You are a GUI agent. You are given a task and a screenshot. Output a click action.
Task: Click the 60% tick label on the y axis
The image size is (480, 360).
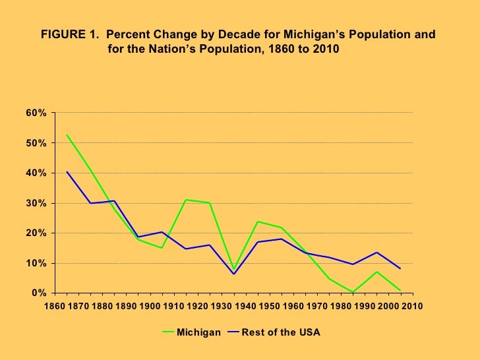[36, 113]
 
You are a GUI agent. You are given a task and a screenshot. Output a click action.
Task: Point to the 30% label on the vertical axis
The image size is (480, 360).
[36, 203]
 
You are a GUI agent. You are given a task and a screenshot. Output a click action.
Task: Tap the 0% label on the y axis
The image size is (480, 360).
[39, 293]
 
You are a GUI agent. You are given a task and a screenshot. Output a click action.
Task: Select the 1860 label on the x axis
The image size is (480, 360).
[55, 306]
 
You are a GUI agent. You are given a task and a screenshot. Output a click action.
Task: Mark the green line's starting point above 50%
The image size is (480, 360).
[67, 135]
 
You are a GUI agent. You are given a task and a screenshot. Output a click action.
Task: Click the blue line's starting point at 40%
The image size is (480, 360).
[67, 172]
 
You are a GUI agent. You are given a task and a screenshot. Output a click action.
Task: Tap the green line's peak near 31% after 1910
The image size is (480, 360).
[186, 200]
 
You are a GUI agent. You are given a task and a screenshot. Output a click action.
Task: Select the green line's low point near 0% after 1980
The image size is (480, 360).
[353, 292]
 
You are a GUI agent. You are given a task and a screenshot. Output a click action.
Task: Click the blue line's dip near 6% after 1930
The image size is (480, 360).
[233, 274]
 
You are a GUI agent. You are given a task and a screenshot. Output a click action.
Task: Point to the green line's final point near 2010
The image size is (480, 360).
[400, 291]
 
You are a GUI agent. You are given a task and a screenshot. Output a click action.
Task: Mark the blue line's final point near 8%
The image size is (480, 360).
[400, 268]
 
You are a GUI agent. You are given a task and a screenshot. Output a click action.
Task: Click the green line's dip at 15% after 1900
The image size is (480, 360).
[162, 248]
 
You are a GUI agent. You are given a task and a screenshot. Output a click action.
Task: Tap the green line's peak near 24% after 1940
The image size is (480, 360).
[257, 222]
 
